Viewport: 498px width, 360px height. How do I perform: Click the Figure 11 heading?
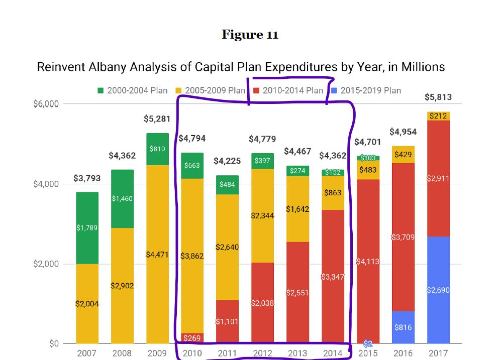click(250, 35)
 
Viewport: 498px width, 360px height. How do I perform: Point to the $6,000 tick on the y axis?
click(46, 104)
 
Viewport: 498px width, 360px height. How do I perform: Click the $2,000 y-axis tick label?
click(46, 264)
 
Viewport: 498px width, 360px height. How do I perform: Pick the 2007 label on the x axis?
click(87, 353)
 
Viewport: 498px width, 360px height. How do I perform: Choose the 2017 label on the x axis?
click(438, 353)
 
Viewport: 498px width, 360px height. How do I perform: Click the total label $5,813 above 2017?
click(438, 97)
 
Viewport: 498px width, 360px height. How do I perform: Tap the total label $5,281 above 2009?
click(157, 119)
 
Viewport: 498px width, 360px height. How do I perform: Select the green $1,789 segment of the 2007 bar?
click(87, 228)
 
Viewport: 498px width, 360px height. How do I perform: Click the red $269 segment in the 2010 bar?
click(192, 338)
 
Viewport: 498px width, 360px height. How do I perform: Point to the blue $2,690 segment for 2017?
click(438, 290)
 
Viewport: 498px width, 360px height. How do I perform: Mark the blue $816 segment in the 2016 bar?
click(403, 327)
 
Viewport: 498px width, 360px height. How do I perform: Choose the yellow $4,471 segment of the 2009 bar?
click(157, 255)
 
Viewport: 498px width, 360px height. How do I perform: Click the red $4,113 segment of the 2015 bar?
click(368, 262)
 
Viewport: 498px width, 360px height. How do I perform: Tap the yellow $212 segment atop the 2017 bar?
click(438, 116)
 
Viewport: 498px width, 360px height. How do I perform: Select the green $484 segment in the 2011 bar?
click(227, 185)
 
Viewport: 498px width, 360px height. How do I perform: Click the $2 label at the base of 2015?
click(368, 343)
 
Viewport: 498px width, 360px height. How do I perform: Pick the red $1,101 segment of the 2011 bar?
click(227, 321)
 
